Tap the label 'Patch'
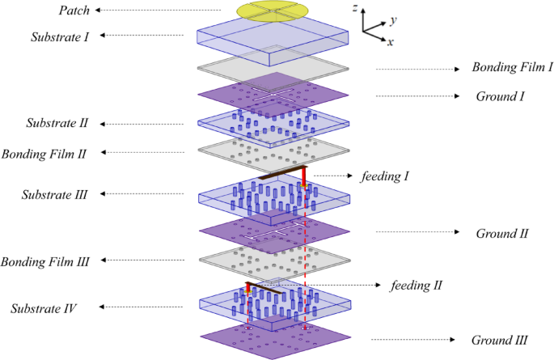[x=74, y=11]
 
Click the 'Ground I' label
[x=500, y=96]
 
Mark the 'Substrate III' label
[x=59, y=195]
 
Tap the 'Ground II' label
[x=501, y=234]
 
